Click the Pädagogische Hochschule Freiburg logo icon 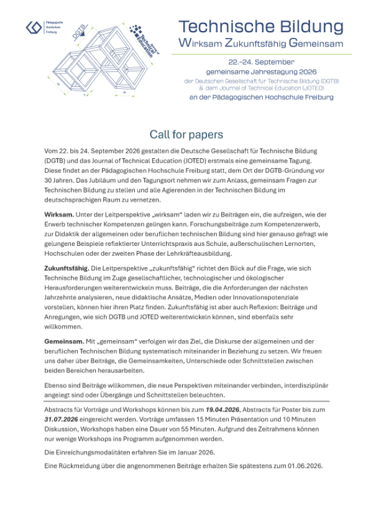(x=34, y=28)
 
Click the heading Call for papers (x=186, y=135)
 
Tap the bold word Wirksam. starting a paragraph (x=58, y=214)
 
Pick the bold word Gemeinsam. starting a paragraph (x=63, y=342)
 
